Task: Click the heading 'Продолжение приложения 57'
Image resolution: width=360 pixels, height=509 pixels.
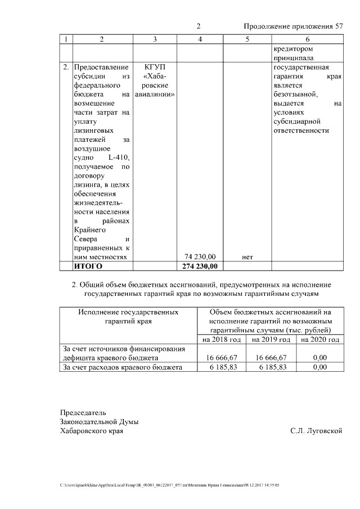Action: [292, 26]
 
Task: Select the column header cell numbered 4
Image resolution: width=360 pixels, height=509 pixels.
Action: [200, 39]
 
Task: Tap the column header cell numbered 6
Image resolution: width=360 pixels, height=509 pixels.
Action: [307, 39]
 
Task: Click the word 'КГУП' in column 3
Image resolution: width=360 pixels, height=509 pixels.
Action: [155, 67]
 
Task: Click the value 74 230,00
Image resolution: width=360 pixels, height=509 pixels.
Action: [200, 256]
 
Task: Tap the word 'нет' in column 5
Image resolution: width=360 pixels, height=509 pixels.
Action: [247, 257]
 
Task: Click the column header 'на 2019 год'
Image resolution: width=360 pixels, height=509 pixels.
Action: [271, 340]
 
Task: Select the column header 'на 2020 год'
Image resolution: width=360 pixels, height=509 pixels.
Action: [319, 340]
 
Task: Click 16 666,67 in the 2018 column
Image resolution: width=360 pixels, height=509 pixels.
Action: [222, 358]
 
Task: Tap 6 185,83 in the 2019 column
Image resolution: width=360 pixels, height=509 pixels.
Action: [272, 367]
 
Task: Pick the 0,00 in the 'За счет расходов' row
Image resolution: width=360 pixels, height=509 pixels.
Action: [319, 367]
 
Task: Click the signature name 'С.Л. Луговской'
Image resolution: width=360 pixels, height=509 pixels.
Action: [316, 431]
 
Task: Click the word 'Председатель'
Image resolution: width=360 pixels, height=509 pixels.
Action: [83, 412]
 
